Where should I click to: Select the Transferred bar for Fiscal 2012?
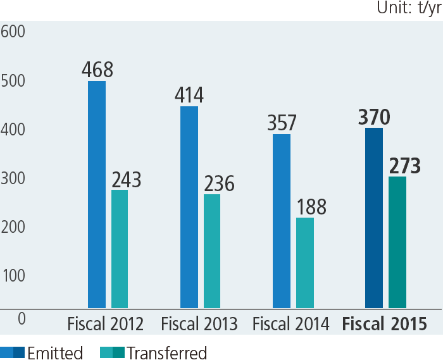pos(120,249)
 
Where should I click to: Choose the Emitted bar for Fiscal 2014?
pos(282,221)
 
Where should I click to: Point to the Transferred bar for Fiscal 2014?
pos(305,263)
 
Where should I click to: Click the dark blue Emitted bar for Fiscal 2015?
pos(374,218)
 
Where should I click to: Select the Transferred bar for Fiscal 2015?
pos(397,243)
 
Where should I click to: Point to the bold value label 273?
pos(404,166)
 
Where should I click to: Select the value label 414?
pos(189,95)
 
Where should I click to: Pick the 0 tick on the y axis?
pos(22,318)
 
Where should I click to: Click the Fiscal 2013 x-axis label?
pos(199,325)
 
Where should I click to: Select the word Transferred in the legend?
pos(166,352)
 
